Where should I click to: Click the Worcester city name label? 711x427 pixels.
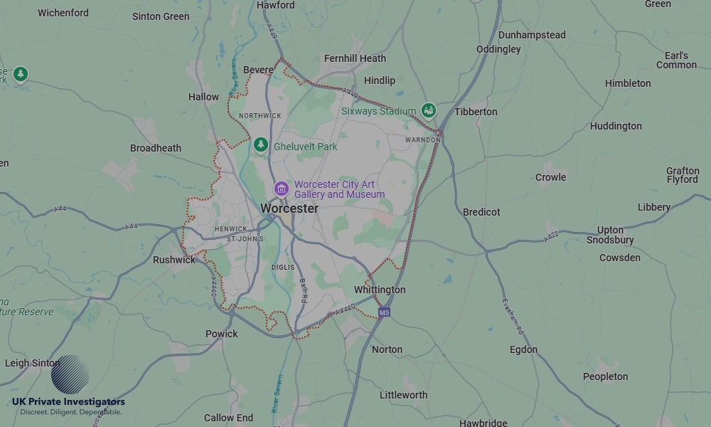point(289,209)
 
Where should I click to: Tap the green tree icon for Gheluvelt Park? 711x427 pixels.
point(261,145)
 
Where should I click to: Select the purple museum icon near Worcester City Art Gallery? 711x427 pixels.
point(282,189)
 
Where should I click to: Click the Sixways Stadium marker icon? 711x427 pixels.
point(428,110)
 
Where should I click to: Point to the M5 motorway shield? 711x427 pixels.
point(384,312)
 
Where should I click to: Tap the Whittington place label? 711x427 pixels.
point(380,290)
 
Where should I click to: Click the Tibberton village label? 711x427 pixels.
point(476,112)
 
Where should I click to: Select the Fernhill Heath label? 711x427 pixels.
point(355,58)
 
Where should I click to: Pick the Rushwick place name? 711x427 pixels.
point(174,260)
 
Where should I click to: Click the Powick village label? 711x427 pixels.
point(222,334)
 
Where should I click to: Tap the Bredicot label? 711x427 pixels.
point(481,212)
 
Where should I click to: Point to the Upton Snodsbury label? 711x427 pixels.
point(610,235)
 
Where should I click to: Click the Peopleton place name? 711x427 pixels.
point(605,376)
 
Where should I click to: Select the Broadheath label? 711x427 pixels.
point(156,148)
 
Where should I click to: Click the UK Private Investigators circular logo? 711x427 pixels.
point(70,374)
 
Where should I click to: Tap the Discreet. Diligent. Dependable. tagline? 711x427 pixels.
point(70,412)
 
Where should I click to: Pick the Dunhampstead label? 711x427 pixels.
point(532,35)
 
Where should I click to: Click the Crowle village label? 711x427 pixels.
point(550,177)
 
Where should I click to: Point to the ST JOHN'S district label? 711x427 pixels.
point(245,239)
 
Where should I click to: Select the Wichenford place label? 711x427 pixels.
point(63,13)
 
